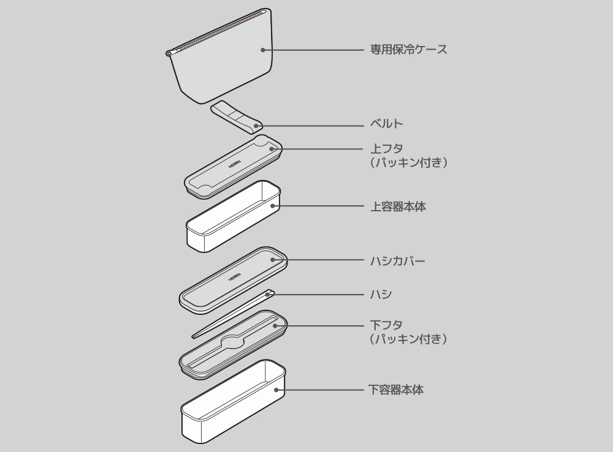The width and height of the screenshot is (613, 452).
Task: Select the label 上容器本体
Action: point(398,206)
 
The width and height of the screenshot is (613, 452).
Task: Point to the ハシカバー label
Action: point(398,261)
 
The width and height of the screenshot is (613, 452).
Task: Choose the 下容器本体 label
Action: point(396,389)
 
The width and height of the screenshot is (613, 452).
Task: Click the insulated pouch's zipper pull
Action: point(169,54)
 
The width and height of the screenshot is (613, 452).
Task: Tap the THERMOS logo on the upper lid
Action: point(234,165)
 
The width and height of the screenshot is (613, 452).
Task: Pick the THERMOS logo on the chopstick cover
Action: point(235,275)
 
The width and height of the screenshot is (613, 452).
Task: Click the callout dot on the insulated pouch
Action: point(262,50)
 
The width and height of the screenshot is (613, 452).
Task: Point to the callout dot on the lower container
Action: point(276,389)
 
